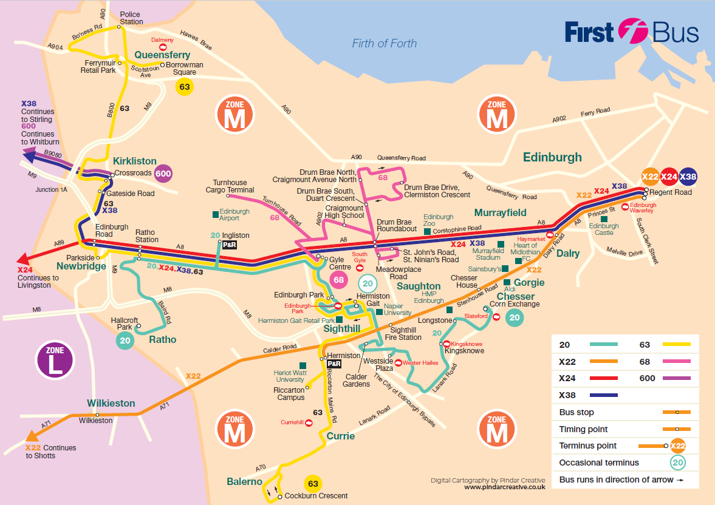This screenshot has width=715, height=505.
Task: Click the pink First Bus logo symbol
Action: click(634, 31)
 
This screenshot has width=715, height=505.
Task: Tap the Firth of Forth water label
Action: click(385, 43)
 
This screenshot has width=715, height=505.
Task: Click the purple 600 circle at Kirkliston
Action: click(163, 174)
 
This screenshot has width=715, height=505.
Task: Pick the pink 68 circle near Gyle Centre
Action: click(338, 280)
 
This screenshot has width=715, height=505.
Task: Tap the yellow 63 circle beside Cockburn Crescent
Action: click(313, 484)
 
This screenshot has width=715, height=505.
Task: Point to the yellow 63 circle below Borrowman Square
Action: click(185, 87)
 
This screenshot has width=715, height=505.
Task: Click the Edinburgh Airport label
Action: click(234, 215)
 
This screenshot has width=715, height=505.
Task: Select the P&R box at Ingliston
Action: click(230, 245)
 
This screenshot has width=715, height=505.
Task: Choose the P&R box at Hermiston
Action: click(334, 364)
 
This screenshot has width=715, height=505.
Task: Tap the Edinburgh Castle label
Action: click(604, 229)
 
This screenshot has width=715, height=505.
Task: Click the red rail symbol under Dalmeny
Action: click(162, 47)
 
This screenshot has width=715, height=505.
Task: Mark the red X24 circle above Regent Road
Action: click(669, 177)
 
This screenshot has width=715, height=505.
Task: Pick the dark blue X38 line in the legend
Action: click(603, 395)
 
